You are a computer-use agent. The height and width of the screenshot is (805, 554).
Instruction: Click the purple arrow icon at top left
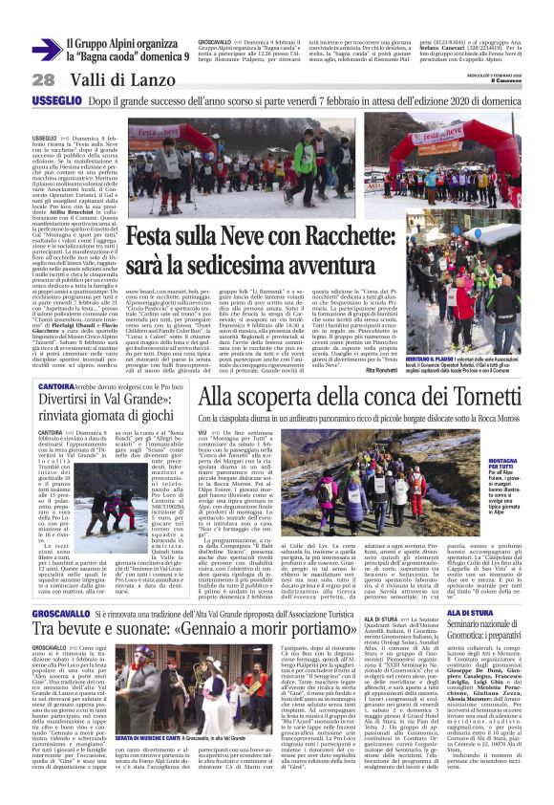44,50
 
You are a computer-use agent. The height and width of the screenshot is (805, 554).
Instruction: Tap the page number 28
17,78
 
